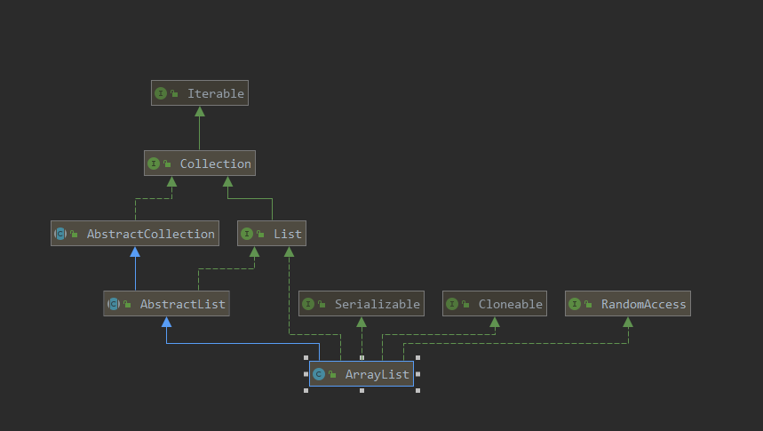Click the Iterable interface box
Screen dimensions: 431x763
click(x=200, y=93)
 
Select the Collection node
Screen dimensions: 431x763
click(x=200, y=164)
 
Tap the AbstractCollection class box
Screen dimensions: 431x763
click(x=135, y=234)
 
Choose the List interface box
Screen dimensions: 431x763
click(x=272, y=234)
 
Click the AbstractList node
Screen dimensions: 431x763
click(x=167, y=304)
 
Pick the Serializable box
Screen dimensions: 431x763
click(x=362, y=304)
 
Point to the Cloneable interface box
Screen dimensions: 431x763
click(x=495, y=304)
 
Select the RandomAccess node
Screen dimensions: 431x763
click(x=627, y=304)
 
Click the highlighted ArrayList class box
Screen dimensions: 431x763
click(x=362, y=374)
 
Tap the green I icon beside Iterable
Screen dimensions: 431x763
click(x=161, y=93)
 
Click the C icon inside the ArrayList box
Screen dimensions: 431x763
click(x=319, y=374)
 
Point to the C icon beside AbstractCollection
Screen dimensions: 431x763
click(x=60, y=234)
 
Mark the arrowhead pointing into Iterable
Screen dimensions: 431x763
click(x=200, y=112)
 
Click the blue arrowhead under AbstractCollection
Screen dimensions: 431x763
click(x=135, y=252)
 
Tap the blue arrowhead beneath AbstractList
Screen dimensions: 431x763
click(x=167, y=323)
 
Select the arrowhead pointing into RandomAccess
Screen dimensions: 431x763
click(x=628, y=323)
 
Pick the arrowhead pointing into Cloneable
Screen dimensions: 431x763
click(x=495, y=323)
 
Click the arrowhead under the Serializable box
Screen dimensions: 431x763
click(x=362, y=323)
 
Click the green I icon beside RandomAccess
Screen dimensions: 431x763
click(x=575, y=304)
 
